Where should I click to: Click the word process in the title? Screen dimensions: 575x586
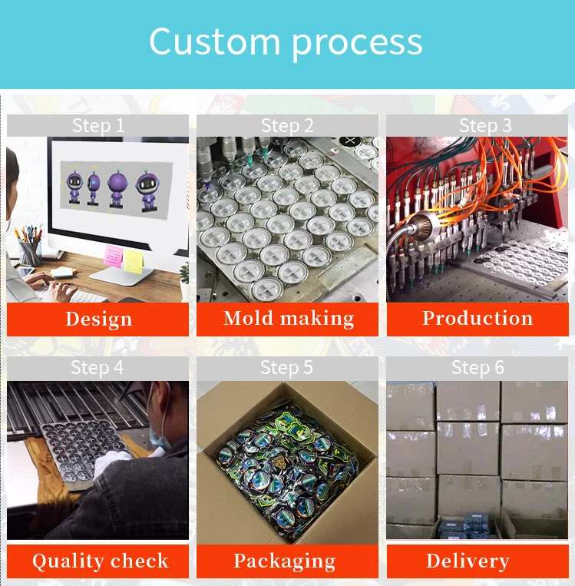click(x=357, y=44)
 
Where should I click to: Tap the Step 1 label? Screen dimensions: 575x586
click(x=97, y=125)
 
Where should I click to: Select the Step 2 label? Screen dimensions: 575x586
click(x=287, y=125)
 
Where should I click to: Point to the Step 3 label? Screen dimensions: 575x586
click(x=477, y=125)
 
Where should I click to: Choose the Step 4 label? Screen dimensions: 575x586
click(x=97, y=368)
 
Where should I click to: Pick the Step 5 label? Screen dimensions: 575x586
click(x=287, y=368)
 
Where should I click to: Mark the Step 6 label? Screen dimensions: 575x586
click(x=477, y=368)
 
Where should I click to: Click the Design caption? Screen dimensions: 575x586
click(x=98, y=319)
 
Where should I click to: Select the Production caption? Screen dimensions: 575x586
click(x=477, y=318)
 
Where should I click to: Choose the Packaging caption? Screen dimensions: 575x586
click(x=284, y=561)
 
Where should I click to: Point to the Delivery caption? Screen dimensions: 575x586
click(x=468, y=561)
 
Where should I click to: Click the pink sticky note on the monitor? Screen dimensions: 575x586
click(x=114, y=257)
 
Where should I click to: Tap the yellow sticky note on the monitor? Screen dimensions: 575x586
click(x=134, y=260)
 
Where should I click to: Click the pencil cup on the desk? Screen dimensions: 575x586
click(x=29, y=251)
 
